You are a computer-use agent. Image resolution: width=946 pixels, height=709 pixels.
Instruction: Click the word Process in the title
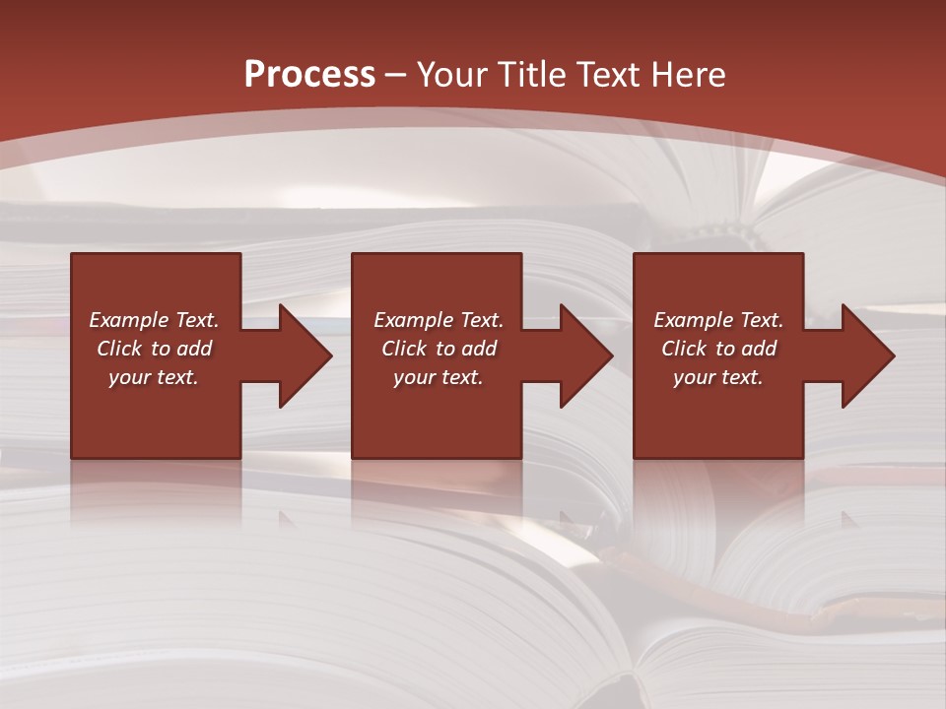click(x=309, y=75)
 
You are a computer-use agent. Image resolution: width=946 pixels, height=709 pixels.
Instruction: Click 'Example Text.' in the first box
click(x=154, y=320)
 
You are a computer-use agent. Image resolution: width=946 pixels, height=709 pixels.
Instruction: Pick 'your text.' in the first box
click(x=154, y=377)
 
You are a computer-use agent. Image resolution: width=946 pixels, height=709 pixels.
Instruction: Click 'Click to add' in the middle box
click(x=439, y=349)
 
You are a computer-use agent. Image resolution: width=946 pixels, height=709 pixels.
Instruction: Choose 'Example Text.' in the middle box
click(x=439, y=320)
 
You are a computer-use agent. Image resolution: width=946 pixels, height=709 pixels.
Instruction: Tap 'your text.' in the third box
click(x=718, y=377)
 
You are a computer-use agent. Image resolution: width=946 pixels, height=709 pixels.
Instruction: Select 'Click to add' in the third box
click(x=718, y=349)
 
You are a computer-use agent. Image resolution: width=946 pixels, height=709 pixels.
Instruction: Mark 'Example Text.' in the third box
click(x=718, y=320)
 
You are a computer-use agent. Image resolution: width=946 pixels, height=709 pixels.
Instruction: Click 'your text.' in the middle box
click(x=439, y=377)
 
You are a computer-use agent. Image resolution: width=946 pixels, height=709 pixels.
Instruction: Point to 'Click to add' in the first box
click(x=154, y=349)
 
